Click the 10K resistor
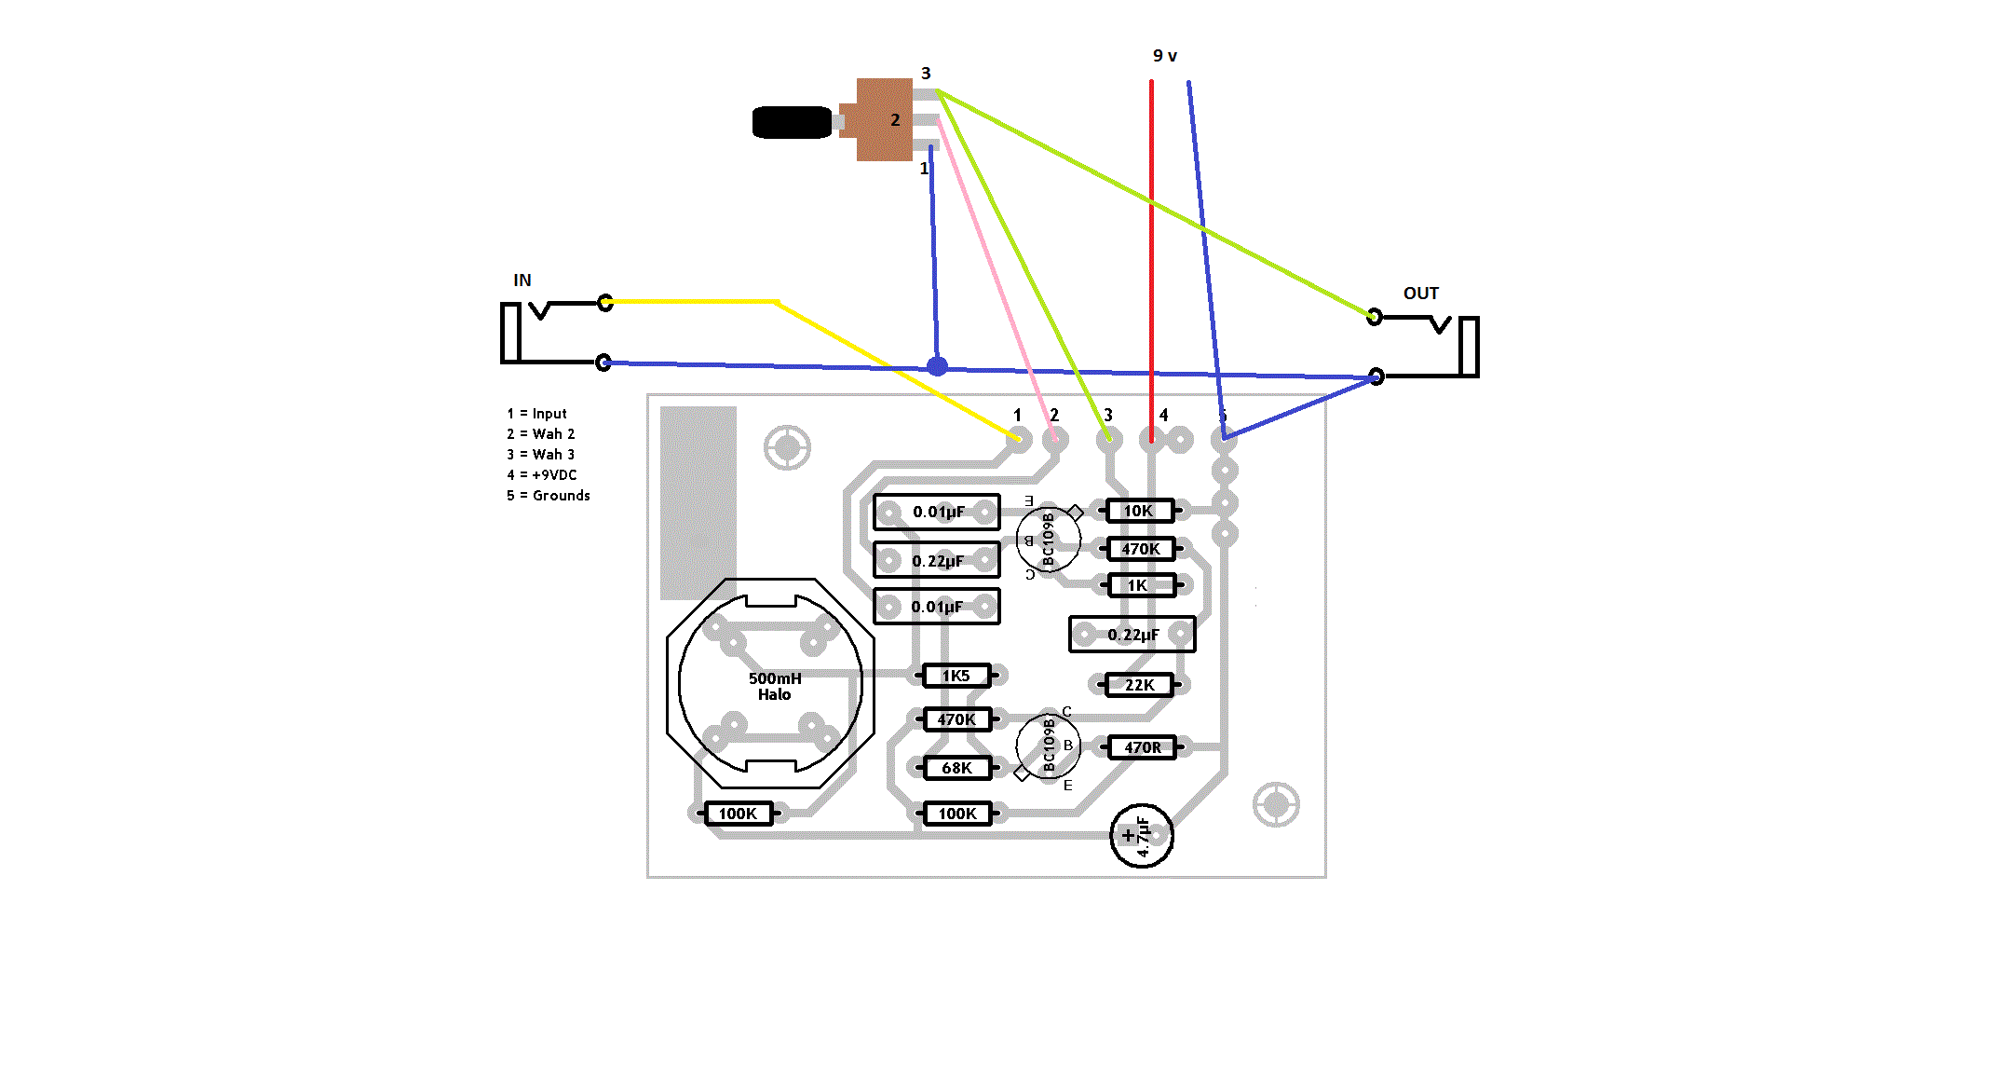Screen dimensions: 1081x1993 pos(1138,511)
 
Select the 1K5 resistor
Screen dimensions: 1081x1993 pos(956,676)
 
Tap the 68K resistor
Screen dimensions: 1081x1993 pos(956,768)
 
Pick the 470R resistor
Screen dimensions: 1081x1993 pos(1142,747)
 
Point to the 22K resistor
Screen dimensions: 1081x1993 pos(1139,685)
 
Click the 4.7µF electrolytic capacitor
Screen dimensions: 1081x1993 pos(1142,836)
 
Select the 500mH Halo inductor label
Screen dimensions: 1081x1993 pos(774,686)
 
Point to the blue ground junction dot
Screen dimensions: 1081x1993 pos(937,366)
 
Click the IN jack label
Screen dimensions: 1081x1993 pos(522,281)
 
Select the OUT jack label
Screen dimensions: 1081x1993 pos(1420,294)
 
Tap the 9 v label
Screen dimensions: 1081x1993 pos(1164,56)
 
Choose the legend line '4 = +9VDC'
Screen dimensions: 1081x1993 pos(541,475)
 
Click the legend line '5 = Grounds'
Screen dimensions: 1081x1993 pos(548,496)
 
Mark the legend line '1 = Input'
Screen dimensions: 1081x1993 pos(536,414)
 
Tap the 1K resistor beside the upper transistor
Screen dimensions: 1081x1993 pos(1138,585)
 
